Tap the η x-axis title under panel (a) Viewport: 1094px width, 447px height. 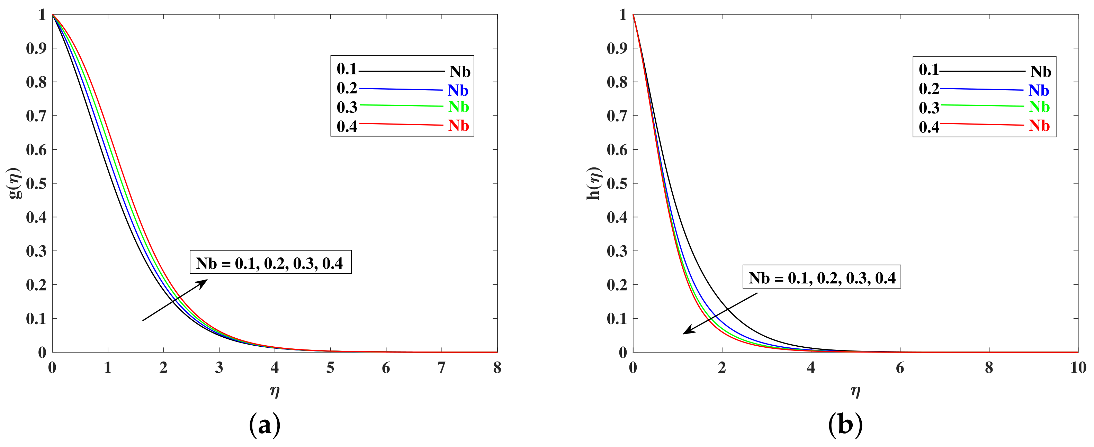[275, 390]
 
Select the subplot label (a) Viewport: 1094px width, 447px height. [264, 425]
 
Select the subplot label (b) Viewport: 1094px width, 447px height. [845, 425]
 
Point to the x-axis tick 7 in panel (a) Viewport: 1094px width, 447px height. [442, 368]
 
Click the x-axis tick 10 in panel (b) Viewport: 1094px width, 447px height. [1078, 368]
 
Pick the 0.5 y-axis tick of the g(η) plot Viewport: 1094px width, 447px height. [36, 183]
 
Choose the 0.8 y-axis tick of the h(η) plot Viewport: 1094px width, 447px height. [617, 82]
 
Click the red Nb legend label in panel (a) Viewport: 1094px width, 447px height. [459, 126]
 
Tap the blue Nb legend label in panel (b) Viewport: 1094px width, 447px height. [1039, 90]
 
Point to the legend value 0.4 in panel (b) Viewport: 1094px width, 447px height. [929, 127]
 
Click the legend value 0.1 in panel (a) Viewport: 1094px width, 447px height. [347, 69]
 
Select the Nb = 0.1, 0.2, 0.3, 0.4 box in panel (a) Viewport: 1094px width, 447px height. [270, 262]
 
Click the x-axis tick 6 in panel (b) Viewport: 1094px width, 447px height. [900, 368]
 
